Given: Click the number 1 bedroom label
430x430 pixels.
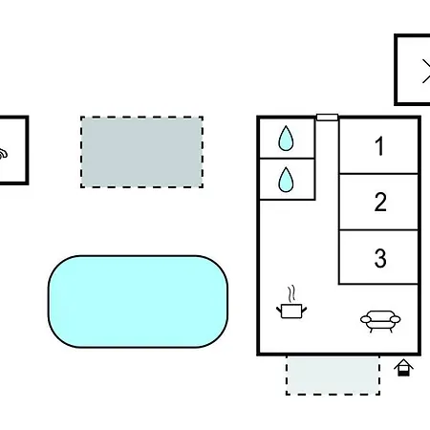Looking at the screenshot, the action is click(379, 146).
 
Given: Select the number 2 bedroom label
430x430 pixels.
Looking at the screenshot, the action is click(380, 202).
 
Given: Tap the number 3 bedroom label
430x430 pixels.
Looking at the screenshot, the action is click(380, 258).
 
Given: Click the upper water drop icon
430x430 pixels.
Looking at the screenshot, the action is click(286, 139).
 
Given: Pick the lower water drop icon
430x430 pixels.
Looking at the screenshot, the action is click(286, 180).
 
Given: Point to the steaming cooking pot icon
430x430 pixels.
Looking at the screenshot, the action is click(291, 302).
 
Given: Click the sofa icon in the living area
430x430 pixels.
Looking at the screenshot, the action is click(380, 321).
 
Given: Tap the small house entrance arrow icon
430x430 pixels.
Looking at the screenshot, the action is click(403, 368).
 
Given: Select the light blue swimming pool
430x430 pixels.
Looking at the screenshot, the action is click(138, 301).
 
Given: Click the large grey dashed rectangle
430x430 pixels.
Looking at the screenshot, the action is click(141, 152).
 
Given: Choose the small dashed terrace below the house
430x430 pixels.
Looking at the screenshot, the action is click(333, 376).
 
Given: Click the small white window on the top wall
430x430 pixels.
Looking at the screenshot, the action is click(327, 118).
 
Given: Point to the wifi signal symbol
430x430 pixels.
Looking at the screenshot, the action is click(3, 154).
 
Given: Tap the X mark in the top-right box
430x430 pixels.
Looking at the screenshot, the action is click(426, 71).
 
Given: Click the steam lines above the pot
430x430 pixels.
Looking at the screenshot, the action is click(291, 293).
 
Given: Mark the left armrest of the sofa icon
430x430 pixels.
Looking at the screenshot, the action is click(366, 319).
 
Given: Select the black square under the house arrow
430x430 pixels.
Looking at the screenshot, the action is click(403, 373).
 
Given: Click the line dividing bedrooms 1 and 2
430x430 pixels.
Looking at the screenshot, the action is click(378, 174).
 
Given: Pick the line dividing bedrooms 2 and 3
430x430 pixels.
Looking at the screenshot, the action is click(378, 229).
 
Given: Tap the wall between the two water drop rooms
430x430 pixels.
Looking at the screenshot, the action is click(287, 158).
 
